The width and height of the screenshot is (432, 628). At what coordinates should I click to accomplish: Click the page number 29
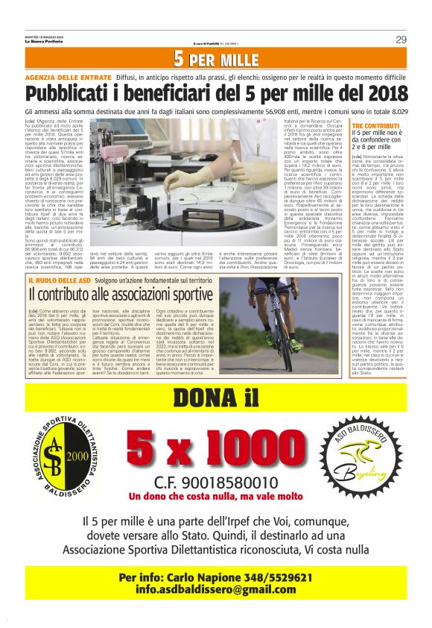(x=400, y=40)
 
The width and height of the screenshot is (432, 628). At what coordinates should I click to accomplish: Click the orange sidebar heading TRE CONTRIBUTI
(x=376, y=126)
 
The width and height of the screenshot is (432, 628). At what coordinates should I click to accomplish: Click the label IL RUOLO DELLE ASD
(x=56, y=278)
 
